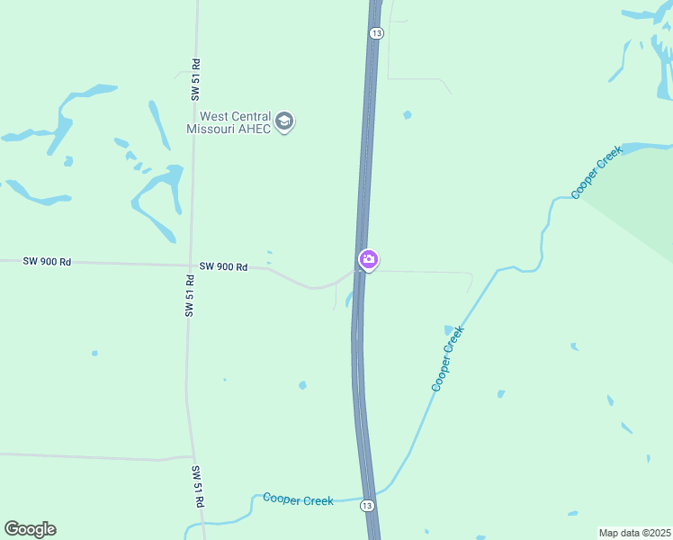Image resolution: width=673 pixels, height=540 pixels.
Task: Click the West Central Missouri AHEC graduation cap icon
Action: coord(284,121)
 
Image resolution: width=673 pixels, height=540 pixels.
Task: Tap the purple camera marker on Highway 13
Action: coord(368,260)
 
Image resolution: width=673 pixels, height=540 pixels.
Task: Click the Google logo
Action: coord(30,529)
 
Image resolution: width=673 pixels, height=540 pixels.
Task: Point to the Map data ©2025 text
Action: coord(634,533)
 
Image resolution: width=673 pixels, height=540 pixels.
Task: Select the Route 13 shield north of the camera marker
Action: coord(377,32)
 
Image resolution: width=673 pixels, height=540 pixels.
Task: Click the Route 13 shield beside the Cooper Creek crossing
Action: coord(367,506)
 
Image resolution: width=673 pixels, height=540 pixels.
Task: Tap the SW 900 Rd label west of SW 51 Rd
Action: coord(47,261)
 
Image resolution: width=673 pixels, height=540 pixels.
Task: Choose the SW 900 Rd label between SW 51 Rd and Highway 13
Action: coord(223,266)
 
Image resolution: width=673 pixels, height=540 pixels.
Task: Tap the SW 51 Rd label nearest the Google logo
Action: coord(198,487)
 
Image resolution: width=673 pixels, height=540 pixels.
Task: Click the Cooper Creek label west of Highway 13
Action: coord(298,499)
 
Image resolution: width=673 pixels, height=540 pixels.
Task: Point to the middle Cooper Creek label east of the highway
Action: coord(447,358)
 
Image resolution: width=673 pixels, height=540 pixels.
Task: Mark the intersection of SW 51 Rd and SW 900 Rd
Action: coord(190,265)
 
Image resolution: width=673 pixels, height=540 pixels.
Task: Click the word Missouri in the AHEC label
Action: coord(209,129)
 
